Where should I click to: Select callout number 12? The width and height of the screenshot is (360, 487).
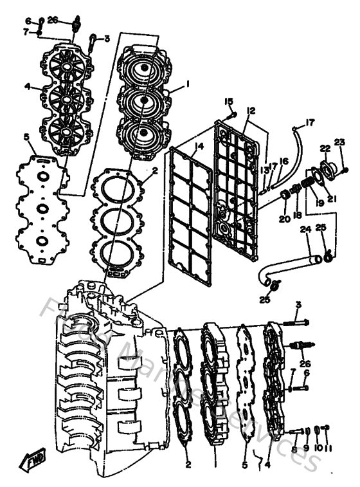[250, 111]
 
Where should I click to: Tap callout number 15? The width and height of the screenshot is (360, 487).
[228, 102]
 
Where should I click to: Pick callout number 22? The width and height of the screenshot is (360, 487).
[325, 149]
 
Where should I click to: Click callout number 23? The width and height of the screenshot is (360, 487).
[339, 142]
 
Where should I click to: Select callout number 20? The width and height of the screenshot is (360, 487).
[285, 219]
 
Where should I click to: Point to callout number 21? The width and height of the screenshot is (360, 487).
[332, 199]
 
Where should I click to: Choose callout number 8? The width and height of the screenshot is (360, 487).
[294, 449]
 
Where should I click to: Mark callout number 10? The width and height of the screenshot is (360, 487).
[318, 447]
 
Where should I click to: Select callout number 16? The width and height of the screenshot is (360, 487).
[283, 161]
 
